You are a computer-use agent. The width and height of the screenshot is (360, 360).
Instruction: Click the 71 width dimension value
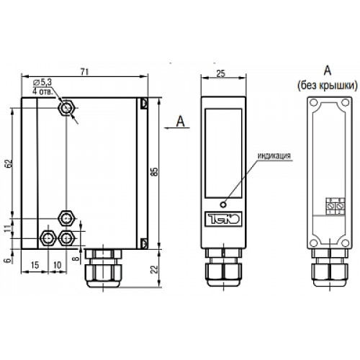[84, 72]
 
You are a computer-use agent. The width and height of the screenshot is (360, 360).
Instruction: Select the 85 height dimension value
[155, 171]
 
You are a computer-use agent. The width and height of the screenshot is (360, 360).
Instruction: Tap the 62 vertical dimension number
[9, 163]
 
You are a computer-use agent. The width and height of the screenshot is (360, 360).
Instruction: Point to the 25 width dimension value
[221, 73]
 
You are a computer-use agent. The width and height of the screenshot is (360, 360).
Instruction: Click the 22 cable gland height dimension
[155, 269]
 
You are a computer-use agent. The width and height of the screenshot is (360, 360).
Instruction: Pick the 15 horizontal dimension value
[35, 265]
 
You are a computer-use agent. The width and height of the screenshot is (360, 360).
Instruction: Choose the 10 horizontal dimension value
[57, 265]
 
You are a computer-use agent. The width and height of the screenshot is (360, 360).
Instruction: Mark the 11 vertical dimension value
[9, 228]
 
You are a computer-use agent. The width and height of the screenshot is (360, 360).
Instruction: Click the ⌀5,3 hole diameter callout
[42, 82]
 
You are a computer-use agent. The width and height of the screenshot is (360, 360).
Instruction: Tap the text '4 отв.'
[42, 91]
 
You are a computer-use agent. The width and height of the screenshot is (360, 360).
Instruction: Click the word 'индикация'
[274, 156]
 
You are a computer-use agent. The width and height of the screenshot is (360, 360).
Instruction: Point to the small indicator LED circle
[223, 204]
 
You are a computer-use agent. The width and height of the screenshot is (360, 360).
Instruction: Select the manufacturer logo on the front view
[223, 219]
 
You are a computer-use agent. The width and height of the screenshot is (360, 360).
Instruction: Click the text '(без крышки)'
[328, 85]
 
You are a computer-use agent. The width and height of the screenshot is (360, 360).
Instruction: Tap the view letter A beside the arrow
[181, 121]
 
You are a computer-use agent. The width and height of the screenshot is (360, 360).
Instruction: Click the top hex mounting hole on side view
[66, 108]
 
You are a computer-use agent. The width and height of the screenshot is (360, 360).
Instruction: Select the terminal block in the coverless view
[335, 206]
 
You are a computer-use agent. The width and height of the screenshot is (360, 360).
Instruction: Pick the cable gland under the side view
[103, 269]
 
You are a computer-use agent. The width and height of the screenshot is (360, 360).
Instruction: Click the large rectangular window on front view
[223, 153]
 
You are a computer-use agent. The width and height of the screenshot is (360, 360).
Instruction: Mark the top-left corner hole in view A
[313, 103]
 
